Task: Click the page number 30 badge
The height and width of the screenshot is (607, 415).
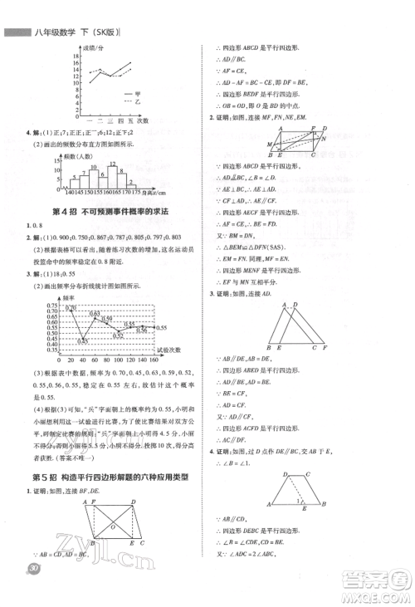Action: pos(33,590)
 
